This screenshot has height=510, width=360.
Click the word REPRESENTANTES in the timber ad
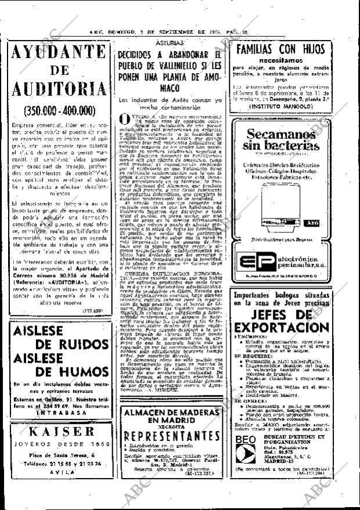(x=173, y=435)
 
